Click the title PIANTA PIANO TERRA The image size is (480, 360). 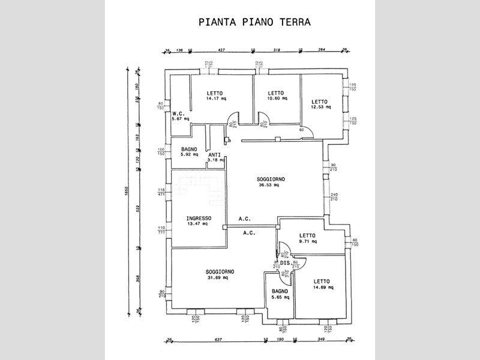(x=254, y=22)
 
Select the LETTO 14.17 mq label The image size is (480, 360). (x=215, y=96)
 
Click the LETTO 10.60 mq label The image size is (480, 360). (x=275, y=96)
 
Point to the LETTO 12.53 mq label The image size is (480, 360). (x=319, y=104)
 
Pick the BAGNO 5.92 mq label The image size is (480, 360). (x=189, y=152)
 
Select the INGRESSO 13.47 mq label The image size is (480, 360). (x=197, y=220)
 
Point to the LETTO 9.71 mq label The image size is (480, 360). (x=307, y=238)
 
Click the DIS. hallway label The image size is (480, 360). (x=285, y=263)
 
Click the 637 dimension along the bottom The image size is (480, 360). (x=218, y=340)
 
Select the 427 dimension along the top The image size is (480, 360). (x=221, y=50)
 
